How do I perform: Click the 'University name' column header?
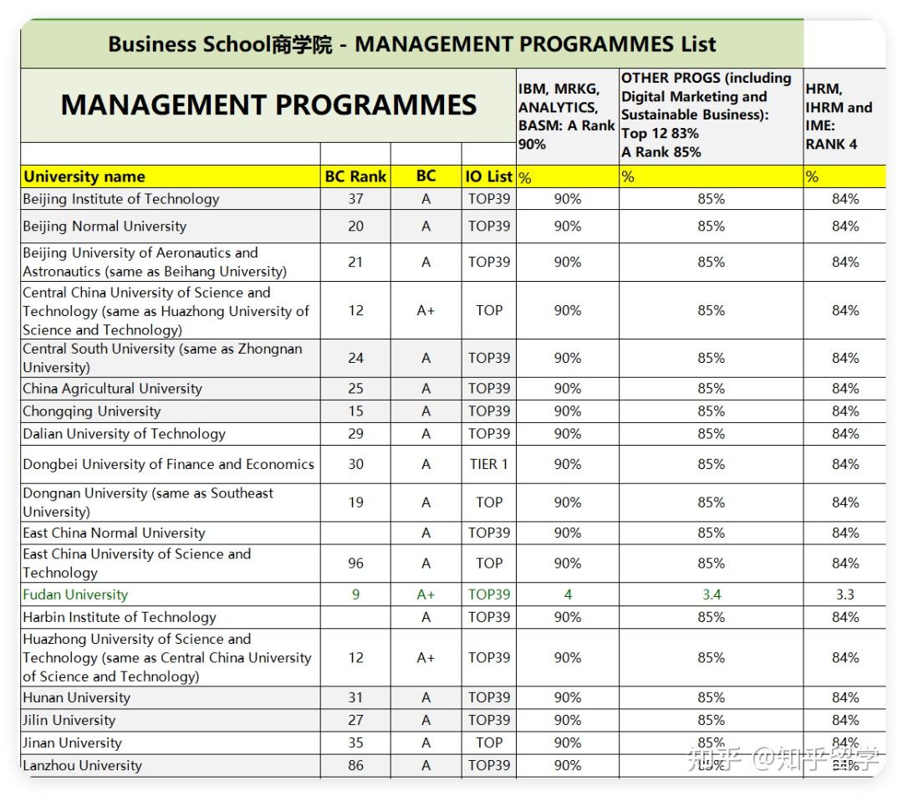click(x=84, y=176)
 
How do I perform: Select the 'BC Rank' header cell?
click(x=355, y=176)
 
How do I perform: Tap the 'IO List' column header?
click(x=488, y=176)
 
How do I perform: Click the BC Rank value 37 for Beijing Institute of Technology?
click(x=355, y=199)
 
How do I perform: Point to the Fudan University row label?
click(x=75, y=594)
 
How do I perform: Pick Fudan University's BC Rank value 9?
click(x=355, y=594)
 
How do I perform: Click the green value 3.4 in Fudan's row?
click(x=711, y=594)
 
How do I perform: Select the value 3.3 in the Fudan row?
click(x=844, y=594)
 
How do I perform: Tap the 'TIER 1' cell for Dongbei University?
click(x=488, y=464)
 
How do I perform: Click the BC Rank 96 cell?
click(x=355, y=564)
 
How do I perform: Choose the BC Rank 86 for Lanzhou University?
click(x=355, y=765)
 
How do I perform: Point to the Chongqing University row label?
click(x=92, y=411)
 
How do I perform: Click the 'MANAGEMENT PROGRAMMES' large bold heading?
click(x=268, y=105)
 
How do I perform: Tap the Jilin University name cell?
click(x=69, y=720)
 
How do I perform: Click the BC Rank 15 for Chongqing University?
click(x=355, y=411)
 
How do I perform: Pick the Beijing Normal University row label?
click(x=105, y=227)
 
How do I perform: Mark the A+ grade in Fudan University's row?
click(x=426, y=594)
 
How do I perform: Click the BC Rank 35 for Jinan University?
click(x=355, y=742)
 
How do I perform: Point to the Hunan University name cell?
click(x=77, y=697)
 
